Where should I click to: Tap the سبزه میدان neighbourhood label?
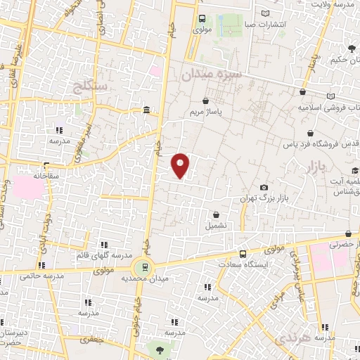pyautogui.click(x=211, y=73)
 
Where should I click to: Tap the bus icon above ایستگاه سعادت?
pyautogui.click(x=243, y=254)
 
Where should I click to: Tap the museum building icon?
pyautogui.click(x=146, y=110)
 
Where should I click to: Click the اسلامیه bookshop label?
pyautogui.click(x=327, y=108)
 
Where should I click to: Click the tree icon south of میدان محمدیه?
pyautogui.click(x=160, y=349)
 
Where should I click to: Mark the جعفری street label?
pyautogui.click(x=90, y=340)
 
